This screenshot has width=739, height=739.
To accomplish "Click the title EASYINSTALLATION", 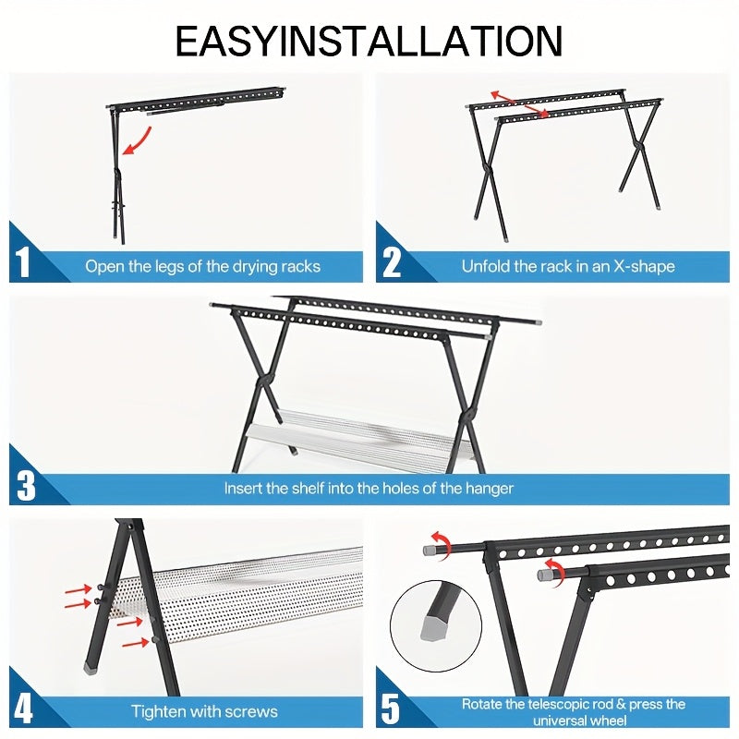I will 369,42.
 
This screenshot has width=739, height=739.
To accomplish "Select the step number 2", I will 392,262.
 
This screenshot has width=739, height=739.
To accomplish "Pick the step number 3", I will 26,484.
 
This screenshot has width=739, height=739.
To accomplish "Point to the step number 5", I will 392,709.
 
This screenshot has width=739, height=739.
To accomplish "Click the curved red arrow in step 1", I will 139,141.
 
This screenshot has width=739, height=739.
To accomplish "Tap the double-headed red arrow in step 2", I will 519,104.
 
